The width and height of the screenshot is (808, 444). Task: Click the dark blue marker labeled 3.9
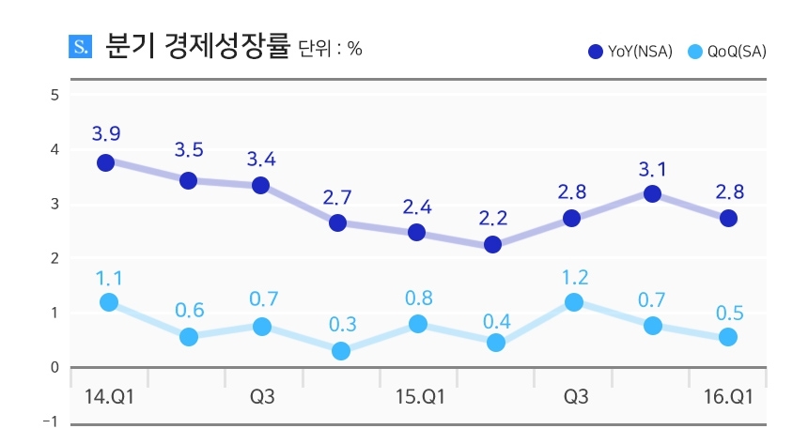coord(105,162)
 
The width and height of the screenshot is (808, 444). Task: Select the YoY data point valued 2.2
coord(493,244)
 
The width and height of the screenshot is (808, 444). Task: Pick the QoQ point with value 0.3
coord(341,351)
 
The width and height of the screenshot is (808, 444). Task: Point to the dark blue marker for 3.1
coord(652,194)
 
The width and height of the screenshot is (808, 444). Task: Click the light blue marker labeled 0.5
coord(728,336)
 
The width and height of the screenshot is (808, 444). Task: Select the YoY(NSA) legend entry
coord(629,52)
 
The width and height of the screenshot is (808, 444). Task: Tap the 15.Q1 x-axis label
coord(419,397)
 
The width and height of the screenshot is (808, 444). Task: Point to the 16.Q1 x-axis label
coord(729,397)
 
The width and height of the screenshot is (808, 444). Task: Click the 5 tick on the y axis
coord(55,95)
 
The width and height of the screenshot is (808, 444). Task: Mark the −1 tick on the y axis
coord(53,421)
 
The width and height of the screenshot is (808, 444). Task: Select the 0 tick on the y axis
coord(55,367)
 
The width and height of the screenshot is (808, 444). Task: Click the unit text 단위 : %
coord(330,49)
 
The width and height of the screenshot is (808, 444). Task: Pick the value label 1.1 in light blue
coord(108,277)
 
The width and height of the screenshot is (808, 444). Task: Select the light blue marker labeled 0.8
coord(418,324)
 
